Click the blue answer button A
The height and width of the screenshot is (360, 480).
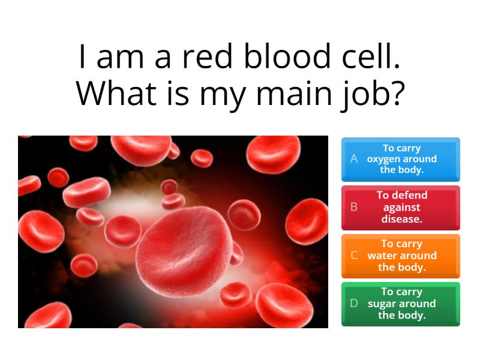[401, 159]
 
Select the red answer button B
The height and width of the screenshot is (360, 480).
[401, 208]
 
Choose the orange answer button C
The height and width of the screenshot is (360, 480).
[401, 256]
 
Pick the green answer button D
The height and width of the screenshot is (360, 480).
[401, 304]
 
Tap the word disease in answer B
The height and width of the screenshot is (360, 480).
[401, 219]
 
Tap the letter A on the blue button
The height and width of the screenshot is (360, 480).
[354, 159]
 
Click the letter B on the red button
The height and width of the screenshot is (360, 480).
[354, 207]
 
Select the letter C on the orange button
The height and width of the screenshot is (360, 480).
[354, 255]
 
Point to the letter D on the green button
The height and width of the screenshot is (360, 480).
[354, 303]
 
